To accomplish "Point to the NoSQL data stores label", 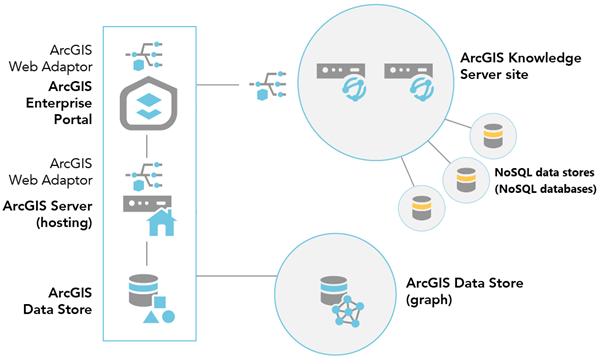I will click(545, 181).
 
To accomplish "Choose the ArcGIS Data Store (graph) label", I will click(456, 291).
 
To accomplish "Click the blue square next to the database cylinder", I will click(160, 301).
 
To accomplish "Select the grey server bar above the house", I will click(148, 203).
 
